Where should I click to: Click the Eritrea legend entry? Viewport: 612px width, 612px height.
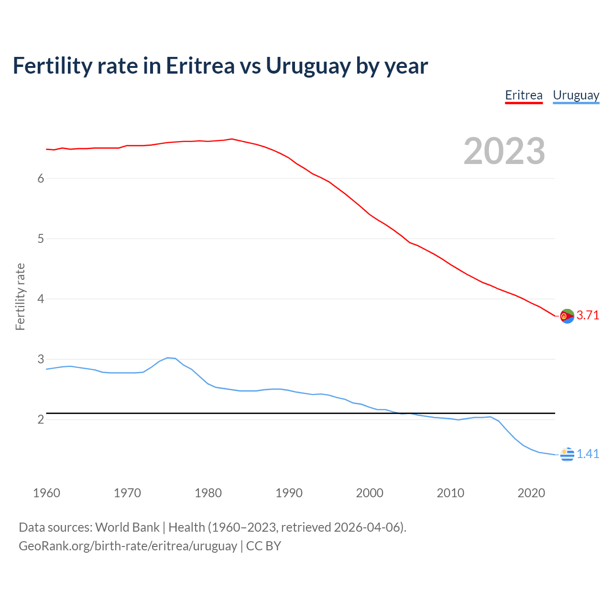[x=524, y=95]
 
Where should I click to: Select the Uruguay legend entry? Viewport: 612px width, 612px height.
[x=576, y=95]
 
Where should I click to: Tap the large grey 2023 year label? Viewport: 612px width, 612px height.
[x=504, y=151]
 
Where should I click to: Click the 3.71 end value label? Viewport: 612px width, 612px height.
[x=588, y=315]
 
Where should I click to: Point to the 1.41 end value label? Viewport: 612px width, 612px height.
[x=588, y=454]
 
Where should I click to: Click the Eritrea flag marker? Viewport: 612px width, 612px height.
[x=567, y=316]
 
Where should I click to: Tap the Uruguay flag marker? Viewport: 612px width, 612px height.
[x=567, y=454]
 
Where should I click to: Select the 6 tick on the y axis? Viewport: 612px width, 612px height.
[x=41, y=178]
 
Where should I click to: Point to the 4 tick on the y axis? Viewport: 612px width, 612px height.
[x=41, y=299]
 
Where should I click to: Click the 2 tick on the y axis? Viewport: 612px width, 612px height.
[x=41, y=419]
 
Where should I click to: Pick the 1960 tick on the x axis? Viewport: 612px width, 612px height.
[x=46, y=493]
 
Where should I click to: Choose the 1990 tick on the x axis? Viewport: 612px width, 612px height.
[x=289, y=493]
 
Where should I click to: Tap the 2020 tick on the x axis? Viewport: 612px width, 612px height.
[x=531, y=493]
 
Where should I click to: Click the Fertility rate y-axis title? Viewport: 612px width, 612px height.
[x=20, y=296]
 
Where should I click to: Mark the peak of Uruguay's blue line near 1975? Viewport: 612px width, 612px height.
[x=168, y=358]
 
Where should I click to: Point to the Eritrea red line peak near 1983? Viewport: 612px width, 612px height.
[x=232, y=139]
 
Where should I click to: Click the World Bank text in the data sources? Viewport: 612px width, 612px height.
[x=127, y=527]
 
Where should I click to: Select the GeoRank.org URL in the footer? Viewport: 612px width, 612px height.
[x=128, y=546]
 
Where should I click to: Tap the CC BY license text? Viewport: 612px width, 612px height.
[x=263, y=546]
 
